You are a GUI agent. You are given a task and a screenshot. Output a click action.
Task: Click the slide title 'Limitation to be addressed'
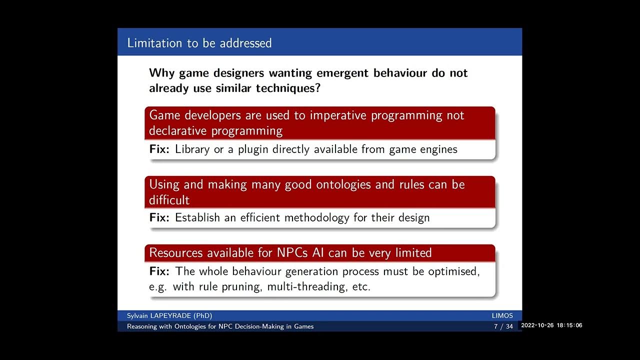(x=199, y=43)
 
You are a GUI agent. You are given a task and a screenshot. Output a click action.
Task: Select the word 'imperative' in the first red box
(x=339, y=115)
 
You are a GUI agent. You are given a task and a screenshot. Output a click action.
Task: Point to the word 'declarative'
(x=178, y=131)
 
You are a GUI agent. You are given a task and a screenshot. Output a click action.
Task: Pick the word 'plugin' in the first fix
(x=253, y=149)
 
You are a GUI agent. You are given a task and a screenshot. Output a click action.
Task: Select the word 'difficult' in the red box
(x=169, y=200)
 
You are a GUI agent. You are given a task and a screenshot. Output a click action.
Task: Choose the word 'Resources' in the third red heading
(x=175, y=253)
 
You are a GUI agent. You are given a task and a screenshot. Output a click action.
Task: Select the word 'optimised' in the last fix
(x=453, y=271)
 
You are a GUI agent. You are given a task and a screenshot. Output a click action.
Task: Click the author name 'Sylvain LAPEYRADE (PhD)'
(x=169, y=315)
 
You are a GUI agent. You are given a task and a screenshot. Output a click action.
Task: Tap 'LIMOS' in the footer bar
(x=502, y=315)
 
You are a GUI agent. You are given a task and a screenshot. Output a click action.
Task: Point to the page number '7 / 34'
(x=503, y=326)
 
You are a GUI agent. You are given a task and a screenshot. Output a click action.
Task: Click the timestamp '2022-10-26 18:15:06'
(x=551, y=325)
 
